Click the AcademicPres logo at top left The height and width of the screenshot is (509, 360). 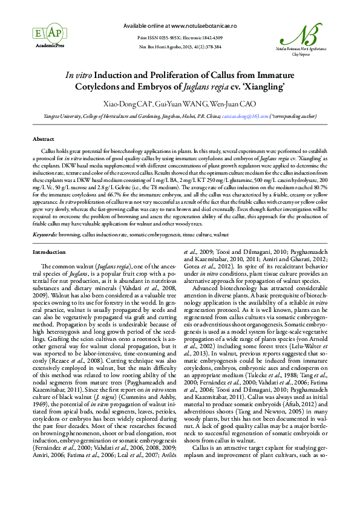47,35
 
